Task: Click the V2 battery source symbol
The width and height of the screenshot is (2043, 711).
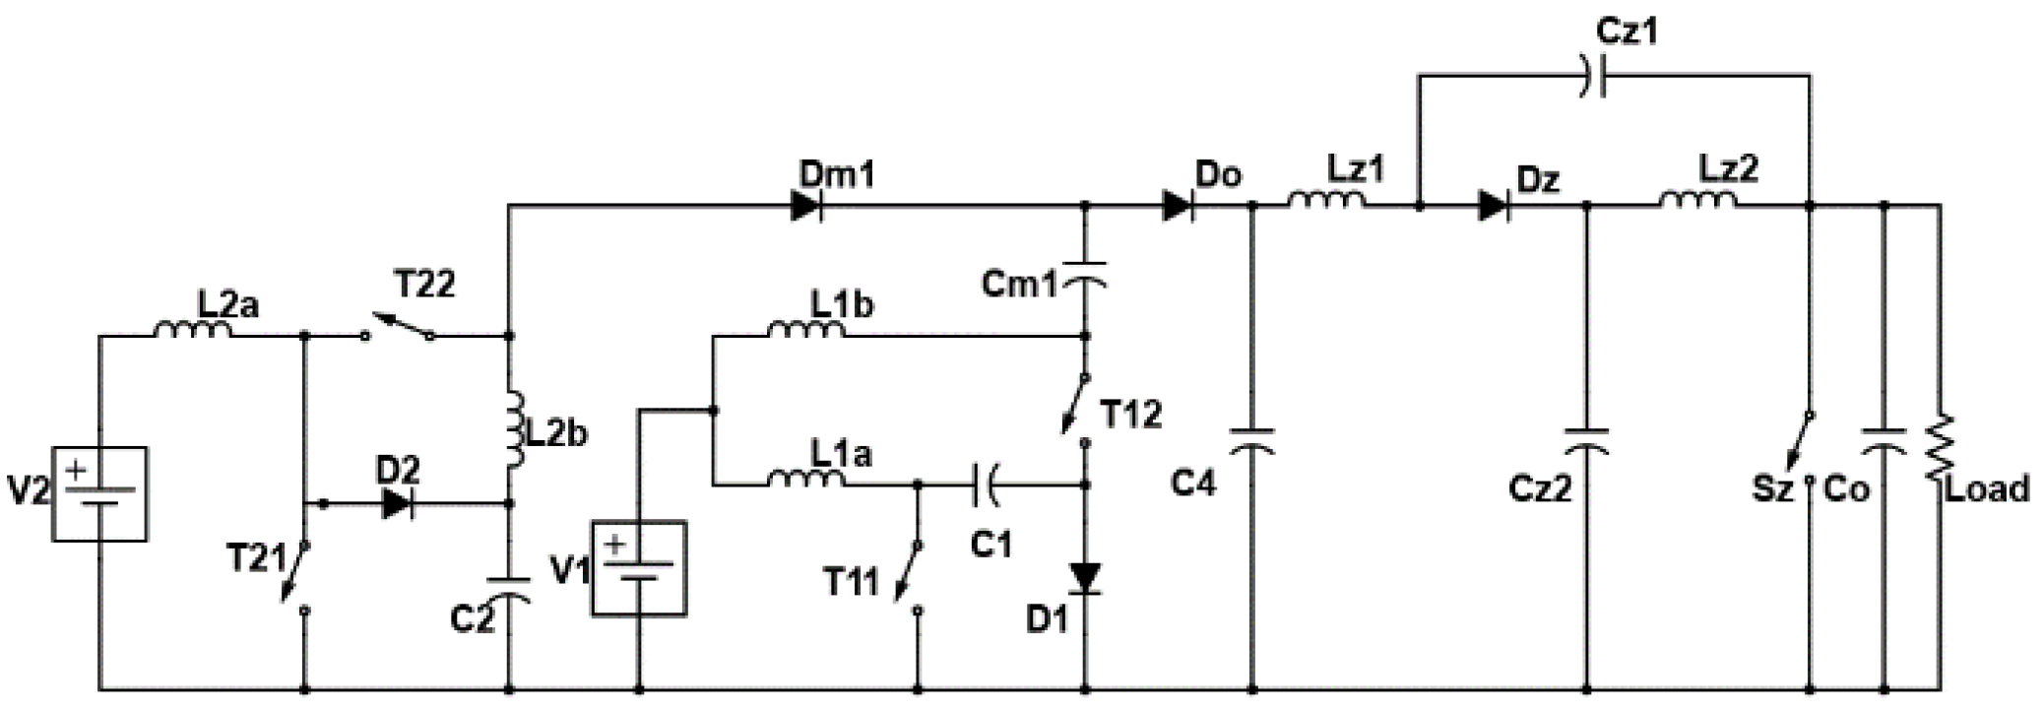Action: tap(99, 493)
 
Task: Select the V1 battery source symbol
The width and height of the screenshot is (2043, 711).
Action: tap(639, 568)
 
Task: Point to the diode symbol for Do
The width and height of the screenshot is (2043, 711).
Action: tap(1178, 206)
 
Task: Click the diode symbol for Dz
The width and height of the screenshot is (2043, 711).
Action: tap(1494, 206)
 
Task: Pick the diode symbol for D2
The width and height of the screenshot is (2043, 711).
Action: tap(397, 503)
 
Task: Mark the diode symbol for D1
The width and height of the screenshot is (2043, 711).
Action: tap(1085, 578)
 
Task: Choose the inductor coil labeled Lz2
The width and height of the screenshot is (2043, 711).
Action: tap(1697, 201)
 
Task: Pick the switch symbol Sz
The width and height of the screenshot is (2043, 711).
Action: tap(1802, 448)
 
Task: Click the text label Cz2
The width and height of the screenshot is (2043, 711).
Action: tap(1540, 488)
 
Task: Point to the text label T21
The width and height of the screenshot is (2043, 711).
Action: tap(255, 558)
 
